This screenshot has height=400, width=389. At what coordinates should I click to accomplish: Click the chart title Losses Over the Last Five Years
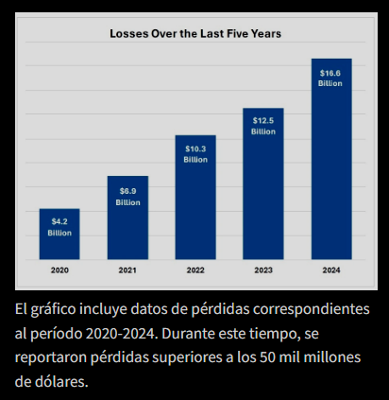[195, 33]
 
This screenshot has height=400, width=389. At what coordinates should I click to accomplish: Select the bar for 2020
[59, 241]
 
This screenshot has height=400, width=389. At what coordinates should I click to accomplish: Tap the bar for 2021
[127, 227]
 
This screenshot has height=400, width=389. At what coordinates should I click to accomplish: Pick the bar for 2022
[195, 208]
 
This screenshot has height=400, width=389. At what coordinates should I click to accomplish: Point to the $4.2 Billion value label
[59, 227]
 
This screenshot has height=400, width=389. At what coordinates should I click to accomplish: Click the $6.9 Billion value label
[127, 197]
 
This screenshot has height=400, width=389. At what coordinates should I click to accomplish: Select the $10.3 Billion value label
[195, 154]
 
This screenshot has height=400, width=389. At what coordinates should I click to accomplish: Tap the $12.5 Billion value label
[263, 126]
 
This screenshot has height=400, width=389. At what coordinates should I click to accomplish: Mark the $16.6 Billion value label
[330, 78]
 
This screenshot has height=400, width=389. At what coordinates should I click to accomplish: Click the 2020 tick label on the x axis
[59, 270]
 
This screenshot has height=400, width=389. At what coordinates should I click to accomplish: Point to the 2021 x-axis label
[127, 270]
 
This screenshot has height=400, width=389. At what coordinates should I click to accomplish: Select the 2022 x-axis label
[195, 270]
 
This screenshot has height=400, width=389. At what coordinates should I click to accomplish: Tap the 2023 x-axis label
[263, 270]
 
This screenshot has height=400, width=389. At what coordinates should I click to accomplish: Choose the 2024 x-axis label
[330, 270]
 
